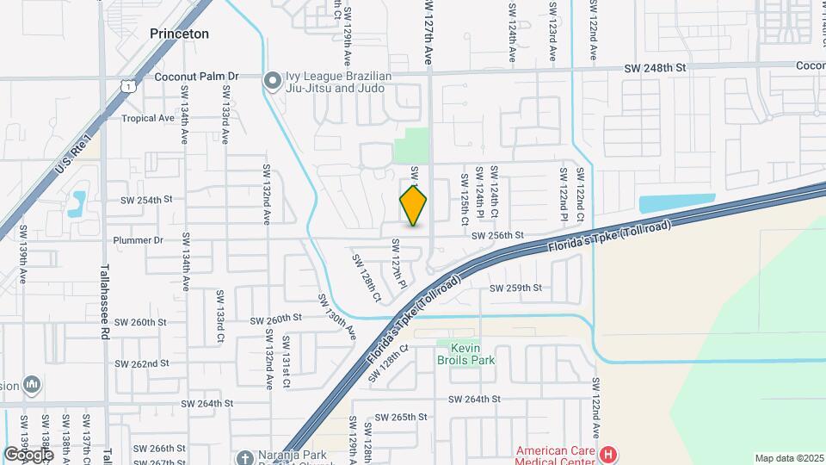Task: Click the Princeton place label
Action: (x=180, y=34)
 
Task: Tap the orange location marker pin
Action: (x=414, y=206)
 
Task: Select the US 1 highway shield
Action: (x=127, y=84)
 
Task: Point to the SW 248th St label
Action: (x=656, y=67)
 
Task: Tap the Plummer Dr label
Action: (x=134, y=240)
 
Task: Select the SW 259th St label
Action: (x=515, y=288)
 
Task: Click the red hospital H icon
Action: (x=609, y=453)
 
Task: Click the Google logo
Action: (x=29, y=454)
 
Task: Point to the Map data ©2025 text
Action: (x=788, y=458)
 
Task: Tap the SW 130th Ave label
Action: (x=336, y=315)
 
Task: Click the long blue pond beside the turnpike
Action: (x=676, y=203)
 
